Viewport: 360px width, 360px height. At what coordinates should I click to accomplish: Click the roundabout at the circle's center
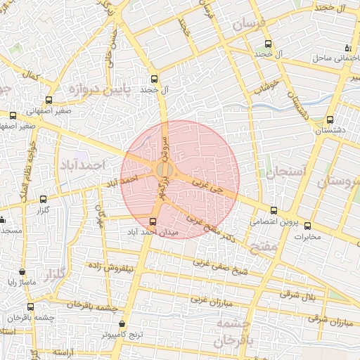[165, 170]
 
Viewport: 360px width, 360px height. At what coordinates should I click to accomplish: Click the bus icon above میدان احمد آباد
[154, 221]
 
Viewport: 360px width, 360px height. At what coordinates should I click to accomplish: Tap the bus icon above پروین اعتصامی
[274, 210]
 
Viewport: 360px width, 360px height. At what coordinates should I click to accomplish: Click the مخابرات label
[307, 236]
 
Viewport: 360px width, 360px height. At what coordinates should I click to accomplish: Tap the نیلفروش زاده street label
[108, 267]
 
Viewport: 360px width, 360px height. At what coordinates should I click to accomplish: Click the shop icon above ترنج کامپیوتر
[123, 324]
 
